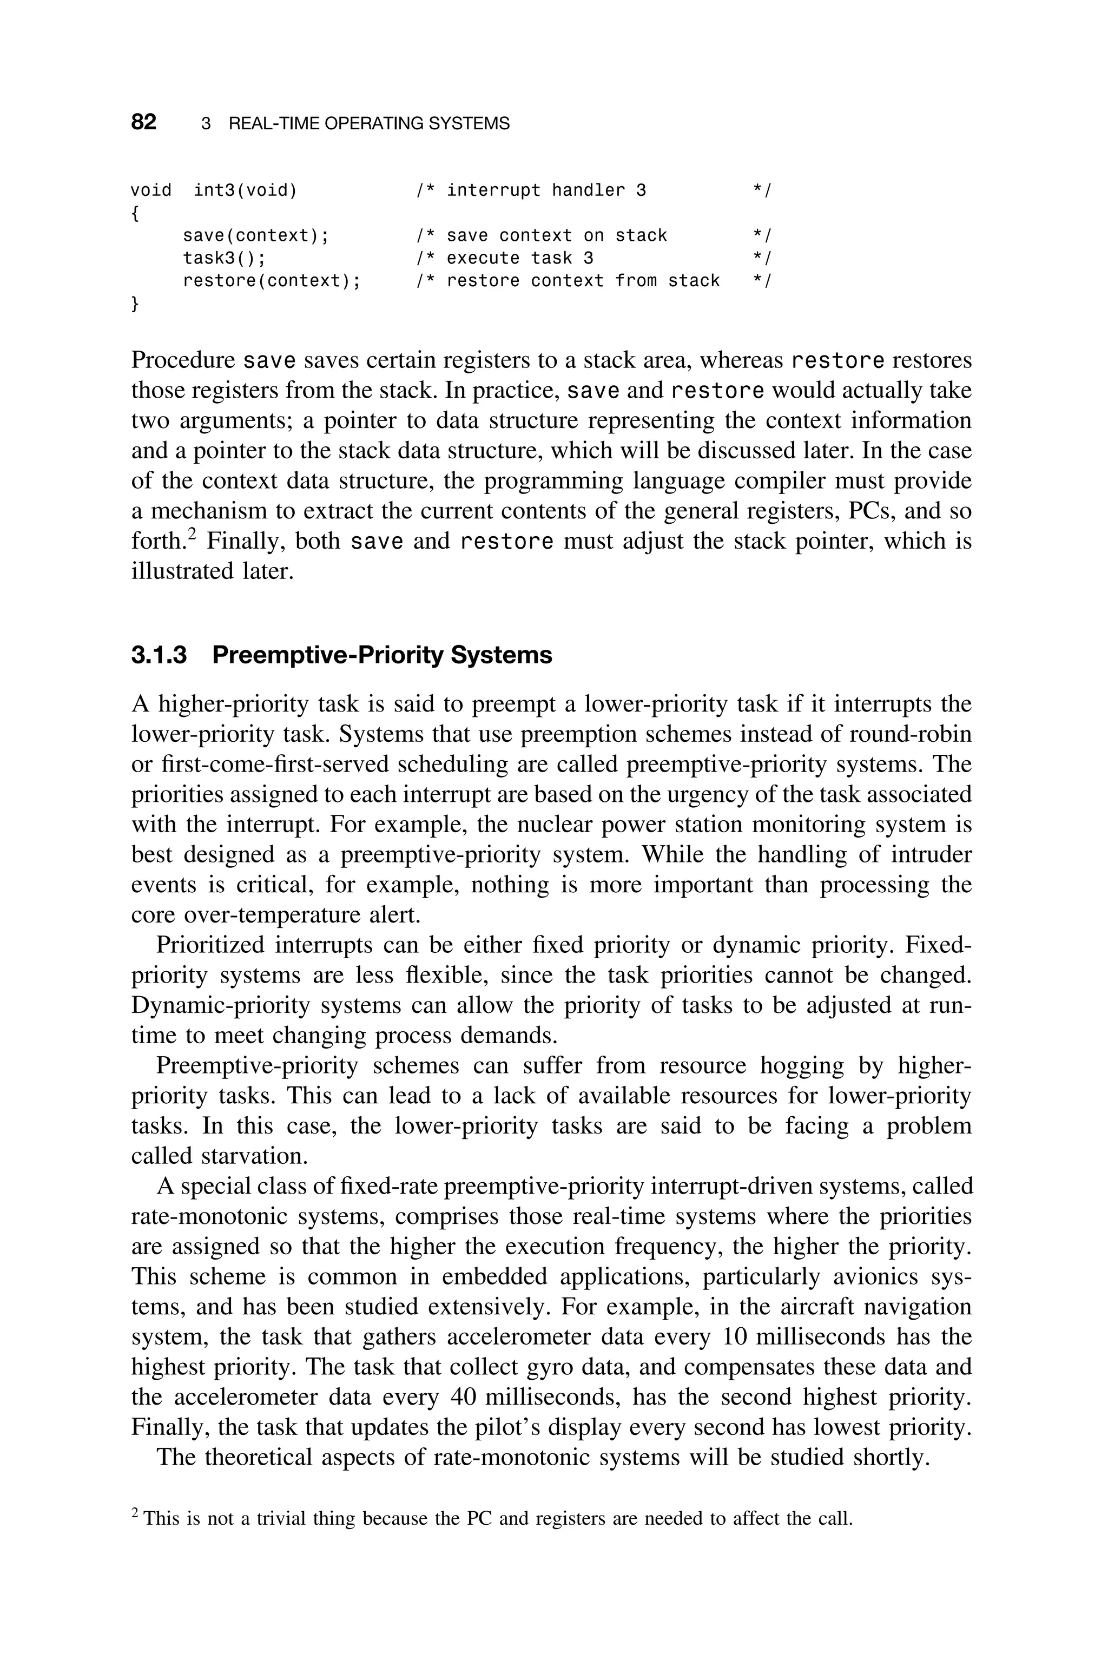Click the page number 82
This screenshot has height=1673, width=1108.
click(x=143, y=122)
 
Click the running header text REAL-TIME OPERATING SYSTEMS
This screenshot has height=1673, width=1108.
click(x=369, y=124)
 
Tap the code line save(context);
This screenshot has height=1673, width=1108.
click(x=256, y=235)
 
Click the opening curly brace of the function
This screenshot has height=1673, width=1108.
click(x=135, y=213)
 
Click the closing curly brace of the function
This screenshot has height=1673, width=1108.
click(x=135, y=304)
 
